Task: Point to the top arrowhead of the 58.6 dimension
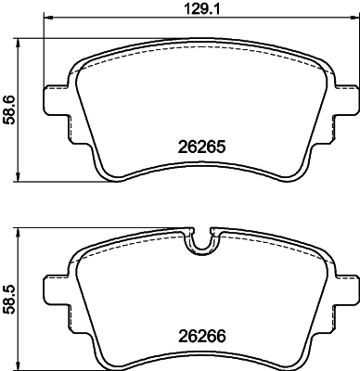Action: click(x=21, y=42)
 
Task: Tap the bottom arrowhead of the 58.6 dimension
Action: click(x=21, y=178)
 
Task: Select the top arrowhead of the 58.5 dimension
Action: click(x=21, y=232)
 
